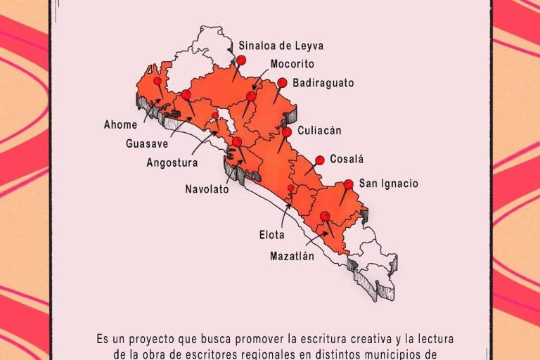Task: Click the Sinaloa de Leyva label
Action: (x=281, y=46)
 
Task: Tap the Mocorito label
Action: (x=292, y=63)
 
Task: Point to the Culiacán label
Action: (x=319, y=130)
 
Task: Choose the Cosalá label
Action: (x=347, y=160)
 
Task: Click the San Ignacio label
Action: (x=389, y=184)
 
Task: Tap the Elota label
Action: (x=272, y=236)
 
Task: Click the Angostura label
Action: (x=172, y=162)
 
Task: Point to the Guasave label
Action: (x=146, y=143)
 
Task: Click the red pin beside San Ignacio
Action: (x=348, y=185)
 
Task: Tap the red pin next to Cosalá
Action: (x=319, y=160)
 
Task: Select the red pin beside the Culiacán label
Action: (x=287, y=131)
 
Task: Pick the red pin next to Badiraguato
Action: (x=282, y=83)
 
